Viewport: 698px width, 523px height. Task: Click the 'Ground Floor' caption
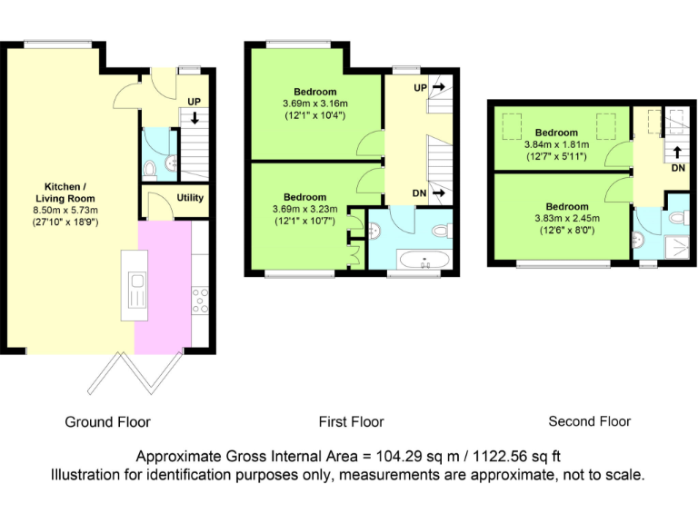107,422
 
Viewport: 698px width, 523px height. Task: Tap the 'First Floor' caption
351,422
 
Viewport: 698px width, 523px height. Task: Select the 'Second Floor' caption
589,421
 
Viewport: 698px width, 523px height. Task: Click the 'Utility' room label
190,198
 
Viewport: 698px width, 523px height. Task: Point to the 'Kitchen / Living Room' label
65,192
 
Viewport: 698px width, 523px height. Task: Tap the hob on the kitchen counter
200,300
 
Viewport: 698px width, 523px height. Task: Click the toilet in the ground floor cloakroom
151,167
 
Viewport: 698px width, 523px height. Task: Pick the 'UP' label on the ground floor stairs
194,102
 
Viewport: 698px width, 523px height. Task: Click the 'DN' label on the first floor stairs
420,193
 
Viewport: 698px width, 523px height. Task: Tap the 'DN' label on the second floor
678,168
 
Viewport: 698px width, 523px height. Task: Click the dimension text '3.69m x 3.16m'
314,104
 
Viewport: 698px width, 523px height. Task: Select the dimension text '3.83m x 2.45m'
567,218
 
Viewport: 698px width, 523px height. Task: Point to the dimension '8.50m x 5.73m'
65,210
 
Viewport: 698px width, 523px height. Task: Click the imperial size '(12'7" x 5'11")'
555,156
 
